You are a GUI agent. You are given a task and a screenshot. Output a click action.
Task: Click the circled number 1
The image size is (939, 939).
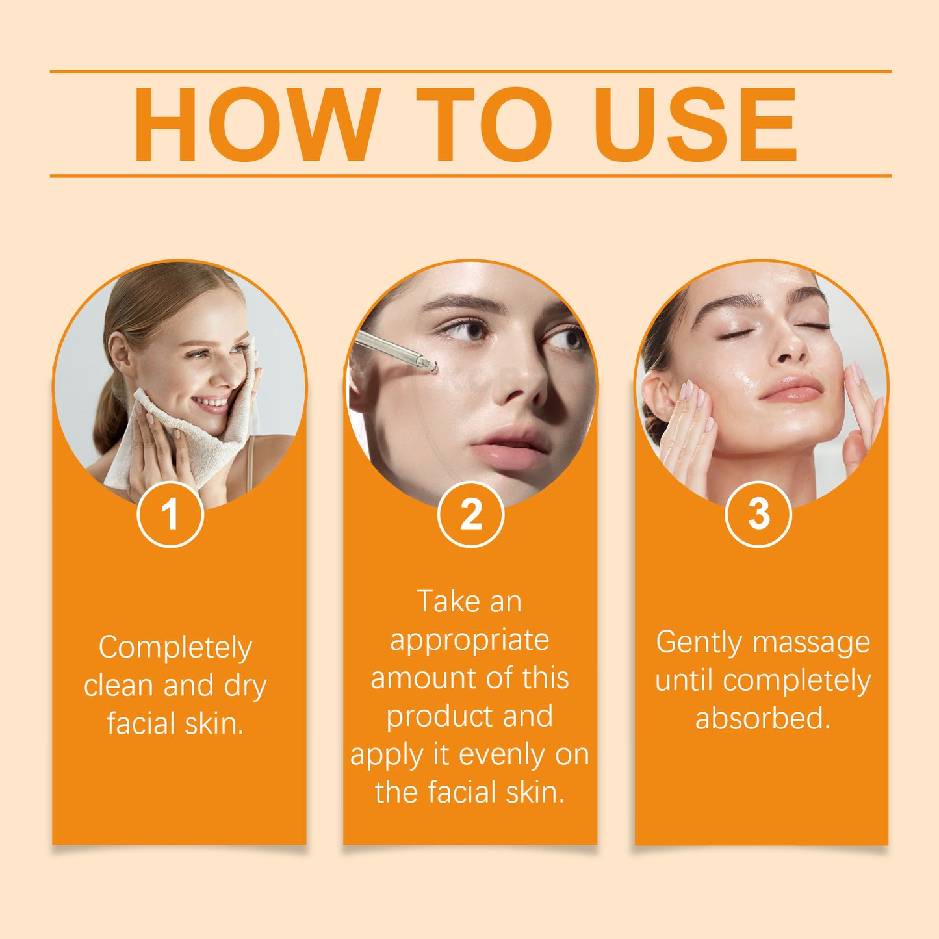click(x=170, y=515)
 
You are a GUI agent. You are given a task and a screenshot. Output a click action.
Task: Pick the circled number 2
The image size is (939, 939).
click(x=470, y=515)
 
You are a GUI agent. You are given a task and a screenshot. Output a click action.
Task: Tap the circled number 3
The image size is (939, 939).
click(x=758, y=515)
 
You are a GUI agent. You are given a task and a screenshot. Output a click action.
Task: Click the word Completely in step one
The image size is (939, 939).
click(x=175, y=648)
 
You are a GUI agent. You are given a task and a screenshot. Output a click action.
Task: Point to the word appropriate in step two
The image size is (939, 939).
click(x=469, y=640)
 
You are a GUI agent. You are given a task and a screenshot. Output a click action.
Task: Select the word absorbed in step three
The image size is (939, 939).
click(x=762, y=719)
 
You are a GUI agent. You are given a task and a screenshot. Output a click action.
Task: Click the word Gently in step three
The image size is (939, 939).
click(x=699, y=643)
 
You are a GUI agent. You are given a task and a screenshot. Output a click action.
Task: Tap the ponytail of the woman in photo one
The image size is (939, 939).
click(x=110, y=416)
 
